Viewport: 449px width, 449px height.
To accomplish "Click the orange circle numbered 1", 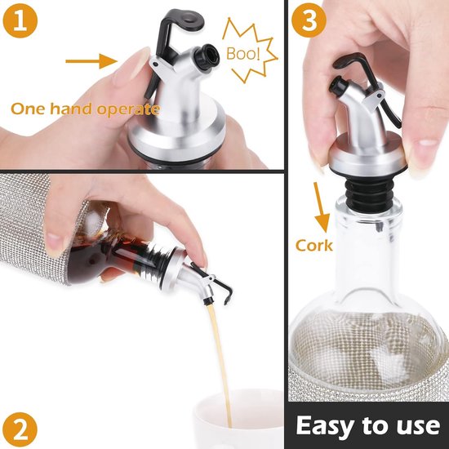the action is pos(20,20).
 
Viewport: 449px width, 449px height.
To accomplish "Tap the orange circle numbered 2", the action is pos(20,429).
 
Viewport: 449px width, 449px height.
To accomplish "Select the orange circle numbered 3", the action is pos(309,20).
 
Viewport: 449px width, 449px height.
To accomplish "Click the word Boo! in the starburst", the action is pos(243,53).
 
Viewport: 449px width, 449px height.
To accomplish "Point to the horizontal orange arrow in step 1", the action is pos(91,61).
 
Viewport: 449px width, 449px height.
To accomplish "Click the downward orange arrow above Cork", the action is pos(321,207).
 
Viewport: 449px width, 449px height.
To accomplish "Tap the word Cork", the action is pos(313,246).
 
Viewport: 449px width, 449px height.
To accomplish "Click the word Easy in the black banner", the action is pos(326,426).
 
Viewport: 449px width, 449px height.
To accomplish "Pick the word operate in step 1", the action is pos(128,110).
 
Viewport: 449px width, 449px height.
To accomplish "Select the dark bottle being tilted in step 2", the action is pos(114,252).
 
